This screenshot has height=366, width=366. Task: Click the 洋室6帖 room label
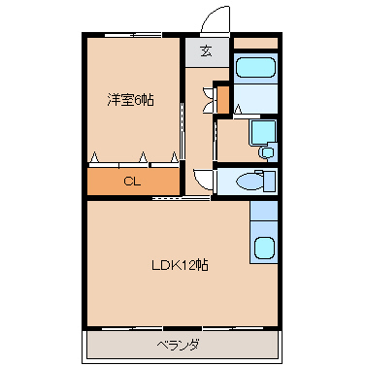[130, 100]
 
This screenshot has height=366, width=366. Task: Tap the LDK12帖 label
[180, 265]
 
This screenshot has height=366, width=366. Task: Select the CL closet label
[132, 182]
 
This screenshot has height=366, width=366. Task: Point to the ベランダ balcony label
[178, 345]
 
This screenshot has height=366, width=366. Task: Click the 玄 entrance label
[207, 51]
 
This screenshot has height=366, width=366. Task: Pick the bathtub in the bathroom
[255, 68]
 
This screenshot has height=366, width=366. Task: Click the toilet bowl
[249, 182]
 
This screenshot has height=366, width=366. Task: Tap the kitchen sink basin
[264, 248]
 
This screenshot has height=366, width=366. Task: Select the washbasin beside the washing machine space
[267, 151]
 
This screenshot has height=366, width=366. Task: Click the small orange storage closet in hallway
[223, 99]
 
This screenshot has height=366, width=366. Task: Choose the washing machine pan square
[263, 132]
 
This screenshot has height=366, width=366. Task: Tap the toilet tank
[270, 181]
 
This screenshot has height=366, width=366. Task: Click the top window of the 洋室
[133, 35]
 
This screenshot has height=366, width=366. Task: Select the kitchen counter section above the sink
[264, 211]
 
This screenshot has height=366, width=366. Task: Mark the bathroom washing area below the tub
[255, 99]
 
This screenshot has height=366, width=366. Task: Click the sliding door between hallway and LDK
[182, 197]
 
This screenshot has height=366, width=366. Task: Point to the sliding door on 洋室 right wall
[182, 131]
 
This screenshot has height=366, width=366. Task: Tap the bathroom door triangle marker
[238, 110]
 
